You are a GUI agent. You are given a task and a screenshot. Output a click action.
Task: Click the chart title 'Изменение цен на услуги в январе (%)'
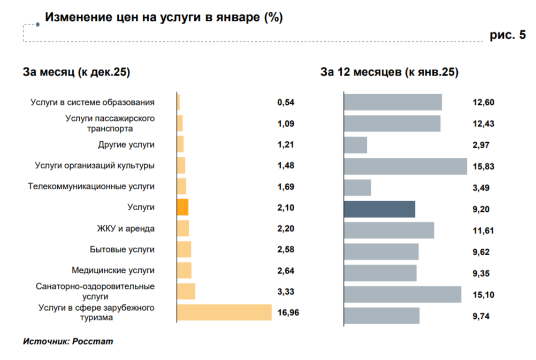point(164,18)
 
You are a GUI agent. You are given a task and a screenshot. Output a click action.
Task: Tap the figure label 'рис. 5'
point(508,35)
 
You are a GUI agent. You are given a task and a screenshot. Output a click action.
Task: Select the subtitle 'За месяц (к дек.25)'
point(76,73)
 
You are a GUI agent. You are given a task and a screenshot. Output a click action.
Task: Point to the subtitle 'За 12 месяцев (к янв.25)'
point(389,73)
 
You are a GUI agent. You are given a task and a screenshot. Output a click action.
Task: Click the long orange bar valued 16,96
point(224,312)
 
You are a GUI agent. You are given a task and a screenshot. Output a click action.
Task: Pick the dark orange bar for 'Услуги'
point(182,207)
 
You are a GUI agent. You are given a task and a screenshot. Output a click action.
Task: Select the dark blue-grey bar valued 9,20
point(379,209)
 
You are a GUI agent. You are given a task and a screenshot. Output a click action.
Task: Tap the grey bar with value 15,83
point(405,166)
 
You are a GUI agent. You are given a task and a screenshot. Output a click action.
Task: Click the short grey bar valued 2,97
point(356,145)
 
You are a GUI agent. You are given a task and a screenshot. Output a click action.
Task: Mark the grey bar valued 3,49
point(357,188)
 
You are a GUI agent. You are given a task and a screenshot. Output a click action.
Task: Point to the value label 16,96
point(288,312)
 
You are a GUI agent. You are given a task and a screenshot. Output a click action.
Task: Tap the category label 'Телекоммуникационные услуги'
point(91,186)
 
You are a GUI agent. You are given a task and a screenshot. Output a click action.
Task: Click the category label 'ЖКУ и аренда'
point(125,228)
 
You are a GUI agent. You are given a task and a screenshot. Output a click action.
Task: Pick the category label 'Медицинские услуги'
point(113,270)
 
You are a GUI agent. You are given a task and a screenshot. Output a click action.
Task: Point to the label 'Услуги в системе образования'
point(93,102)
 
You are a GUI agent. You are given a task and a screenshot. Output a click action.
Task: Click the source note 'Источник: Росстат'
point(68,341)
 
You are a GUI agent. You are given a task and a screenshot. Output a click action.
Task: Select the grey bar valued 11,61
point(389,231)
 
